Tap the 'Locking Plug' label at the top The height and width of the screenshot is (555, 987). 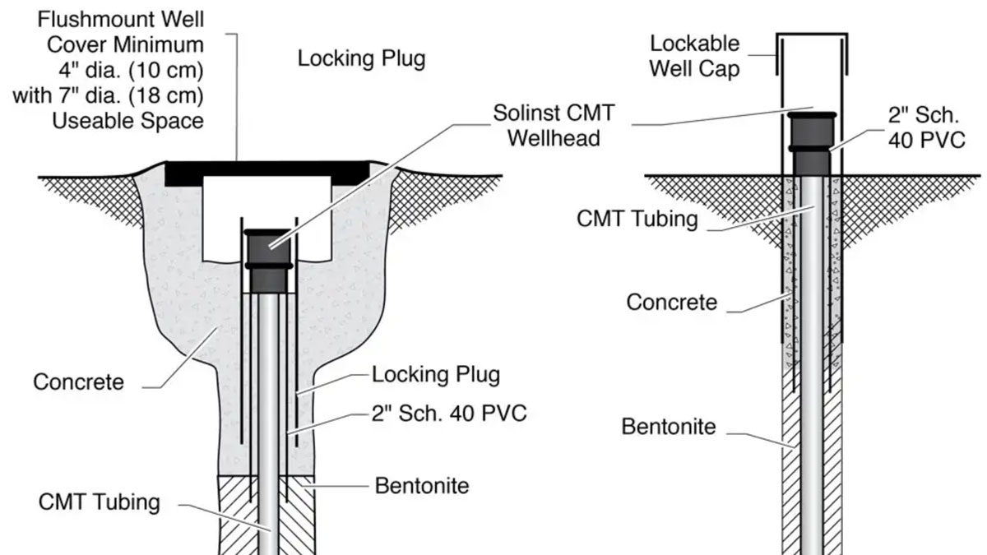tap(361, 59)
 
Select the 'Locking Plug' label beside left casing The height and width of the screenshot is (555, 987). tap(436, 375)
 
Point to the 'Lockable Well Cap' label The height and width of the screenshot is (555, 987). tap(694, 55)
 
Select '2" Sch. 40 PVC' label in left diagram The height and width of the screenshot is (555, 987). tap(450, 412)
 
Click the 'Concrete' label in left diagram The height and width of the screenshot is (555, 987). tap(79, 382)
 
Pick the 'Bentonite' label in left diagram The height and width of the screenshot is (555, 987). tap(422, 485)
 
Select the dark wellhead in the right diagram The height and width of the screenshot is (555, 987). tap(812, 144)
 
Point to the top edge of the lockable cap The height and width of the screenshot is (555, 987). tap(812, 35)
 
